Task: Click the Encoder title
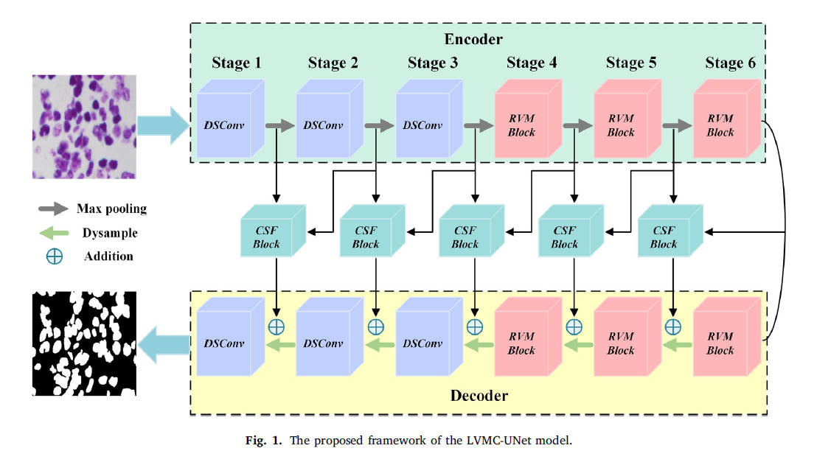pos(473,38)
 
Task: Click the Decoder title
pos(479,396)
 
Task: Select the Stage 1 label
pos(237,63)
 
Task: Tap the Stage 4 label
pos(532,63)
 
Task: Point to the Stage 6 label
pos(730,63)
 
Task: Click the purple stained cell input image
pos(84,126)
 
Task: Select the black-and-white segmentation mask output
pos(84,343)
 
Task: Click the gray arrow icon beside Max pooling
pos(52,209)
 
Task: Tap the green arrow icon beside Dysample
pos(52,233)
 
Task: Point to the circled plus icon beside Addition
pos(54,256)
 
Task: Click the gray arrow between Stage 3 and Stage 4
pos(477,126)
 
